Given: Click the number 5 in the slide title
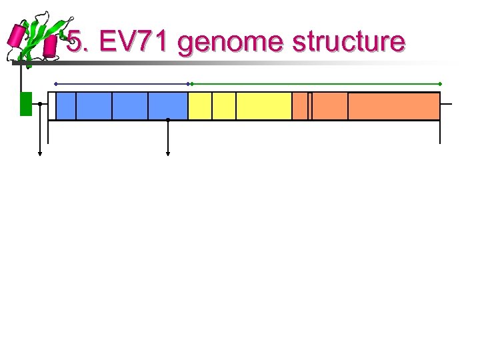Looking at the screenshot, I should [75, 43].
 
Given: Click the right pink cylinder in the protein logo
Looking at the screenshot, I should [50, 46].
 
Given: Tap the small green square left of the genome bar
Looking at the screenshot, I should [26, 104].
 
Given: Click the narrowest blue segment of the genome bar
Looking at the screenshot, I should [66, 106].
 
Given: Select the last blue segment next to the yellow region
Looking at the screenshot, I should [168, 106].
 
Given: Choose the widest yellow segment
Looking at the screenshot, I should [264, 106].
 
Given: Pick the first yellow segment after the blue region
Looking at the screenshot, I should [200, 106].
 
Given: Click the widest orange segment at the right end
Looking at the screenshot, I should [393, 106].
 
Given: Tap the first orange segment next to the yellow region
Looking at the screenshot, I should [299, 106].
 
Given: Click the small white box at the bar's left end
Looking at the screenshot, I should [51, 106].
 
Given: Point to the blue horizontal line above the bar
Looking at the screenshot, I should [123, 84].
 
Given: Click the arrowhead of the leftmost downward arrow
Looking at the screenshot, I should [40, 153].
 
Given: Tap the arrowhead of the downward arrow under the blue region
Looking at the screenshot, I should [168, 153].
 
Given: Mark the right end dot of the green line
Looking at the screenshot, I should [440, 84].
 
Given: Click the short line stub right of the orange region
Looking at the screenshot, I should [446, 105].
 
